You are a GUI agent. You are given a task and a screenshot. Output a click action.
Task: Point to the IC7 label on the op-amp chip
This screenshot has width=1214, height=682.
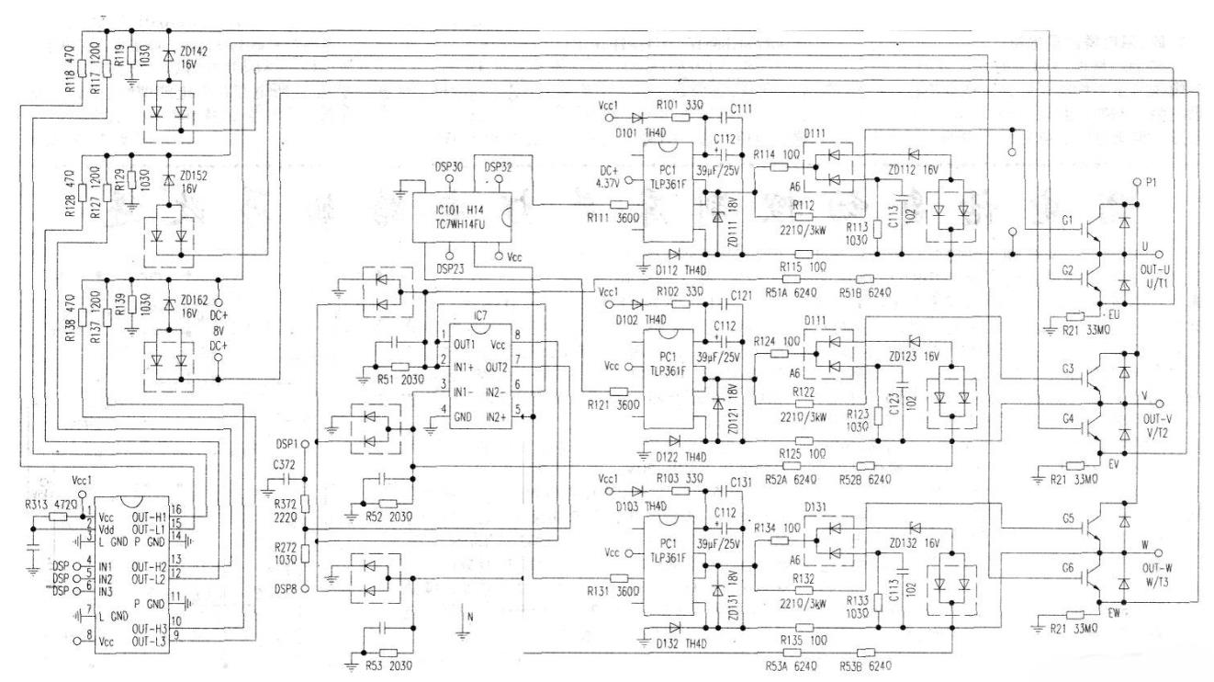[479, 316]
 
